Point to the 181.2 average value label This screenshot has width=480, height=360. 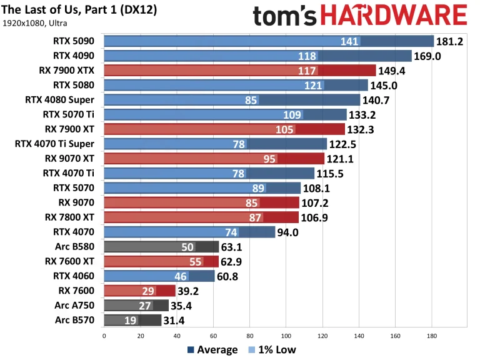[450, 41]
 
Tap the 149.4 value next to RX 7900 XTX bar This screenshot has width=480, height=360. [392, 70]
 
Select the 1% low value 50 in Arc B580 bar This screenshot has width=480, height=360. [187, 247]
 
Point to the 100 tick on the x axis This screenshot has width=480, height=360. [286, 335]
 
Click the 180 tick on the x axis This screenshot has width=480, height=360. [431, 335]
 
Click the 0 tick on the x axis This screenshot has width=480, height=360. [104, 335]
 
